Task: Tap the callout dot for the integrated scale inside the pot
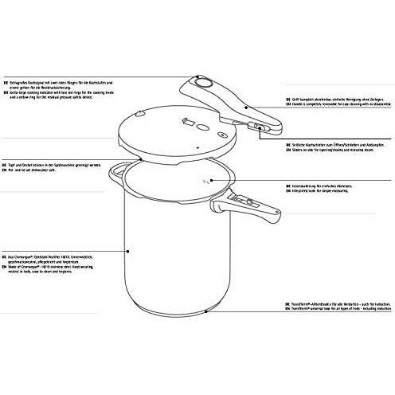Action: (x=209, y=182)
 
